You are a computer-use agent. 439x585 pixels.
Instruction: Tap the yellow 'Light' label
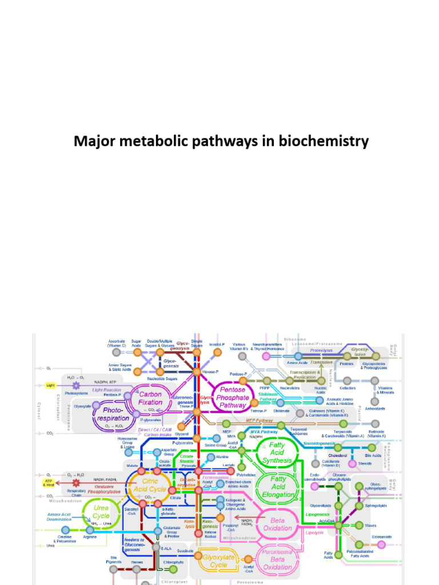coord(50,386)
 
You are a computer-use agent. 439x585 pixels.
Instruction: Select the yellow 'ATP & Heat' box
coord(50,482)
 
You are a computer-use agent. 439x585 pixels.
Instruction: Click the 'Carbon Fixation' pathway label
coord(150,398)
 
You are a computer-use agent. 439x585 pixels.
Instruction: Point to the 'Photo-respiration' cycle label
coord(112,414)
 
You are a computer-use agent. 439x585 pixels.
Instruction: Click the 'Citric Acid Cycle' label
coord(150,485)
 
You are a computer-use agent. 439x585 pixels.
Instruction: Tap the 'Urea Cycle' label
coord(101,512)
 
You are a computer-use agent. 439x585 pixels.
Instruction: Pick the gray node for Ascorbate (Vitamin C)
coord(117,352)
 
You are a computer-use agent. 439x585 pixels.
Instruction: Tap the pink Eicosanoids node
coord(381,545)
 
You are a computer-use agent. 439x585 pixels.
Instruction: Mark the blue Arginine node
coord(90,530)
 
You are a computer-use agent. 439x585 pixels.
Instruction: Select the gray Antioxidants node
coord(374,402)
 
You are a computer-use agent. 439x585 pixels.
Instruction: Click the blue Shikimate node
coord(281,403)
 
